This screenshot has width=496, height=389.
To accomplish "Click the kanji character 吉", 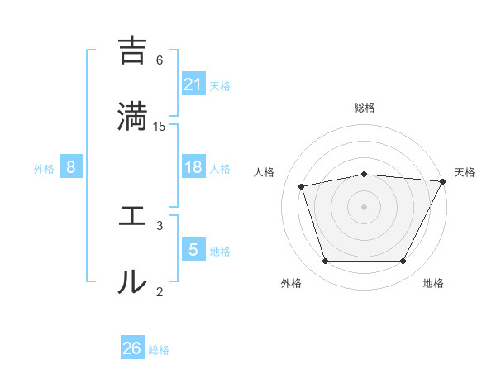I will pos(132,51).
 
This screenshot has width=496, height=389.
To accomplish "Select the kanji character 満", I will pos(132,116).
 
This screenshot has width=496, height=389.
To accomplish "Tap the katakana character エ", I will pos(132,217).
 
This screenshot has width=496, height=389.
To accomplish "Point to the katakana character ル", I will pos(132,281).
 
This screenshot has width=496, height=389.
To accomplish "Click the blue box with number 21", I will pos(193,84).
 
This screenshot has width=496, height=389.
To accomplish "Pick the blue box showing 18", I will pos(193,167).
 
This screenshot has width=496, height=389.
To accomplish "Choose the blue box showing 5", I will pos(193,250).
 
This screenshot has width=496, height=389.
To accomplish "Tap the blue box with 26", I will pos(132,348).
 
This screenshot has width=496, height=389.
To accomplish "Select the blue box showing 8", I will pos(71,167).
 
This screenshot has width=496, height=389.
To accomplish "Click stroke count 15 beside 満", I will pos(160,126).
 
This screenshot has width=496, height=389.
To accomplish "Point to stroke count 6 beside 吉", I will pos(160,60).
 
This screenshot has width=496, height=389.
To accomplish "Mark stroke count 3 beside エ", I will pos(160,225).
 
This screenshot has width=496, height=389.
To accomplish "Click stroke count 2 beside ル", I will pos(160,291).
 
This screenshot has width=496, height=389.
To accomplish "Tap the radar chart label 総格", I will pos(365,108).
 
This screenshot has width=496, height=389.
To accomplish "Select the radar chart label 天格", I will pos(465,172).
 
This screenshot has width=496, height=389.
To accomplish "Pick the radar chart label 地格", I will pos(433,283).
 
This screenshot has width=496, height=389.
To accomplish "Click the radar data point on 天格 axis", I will pos(443,181).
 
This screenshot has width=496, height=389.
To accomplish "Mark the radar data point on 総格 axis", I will pos(365,174).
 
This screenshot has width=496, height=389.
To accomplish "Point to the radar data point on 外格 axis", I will pos(325,262).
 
